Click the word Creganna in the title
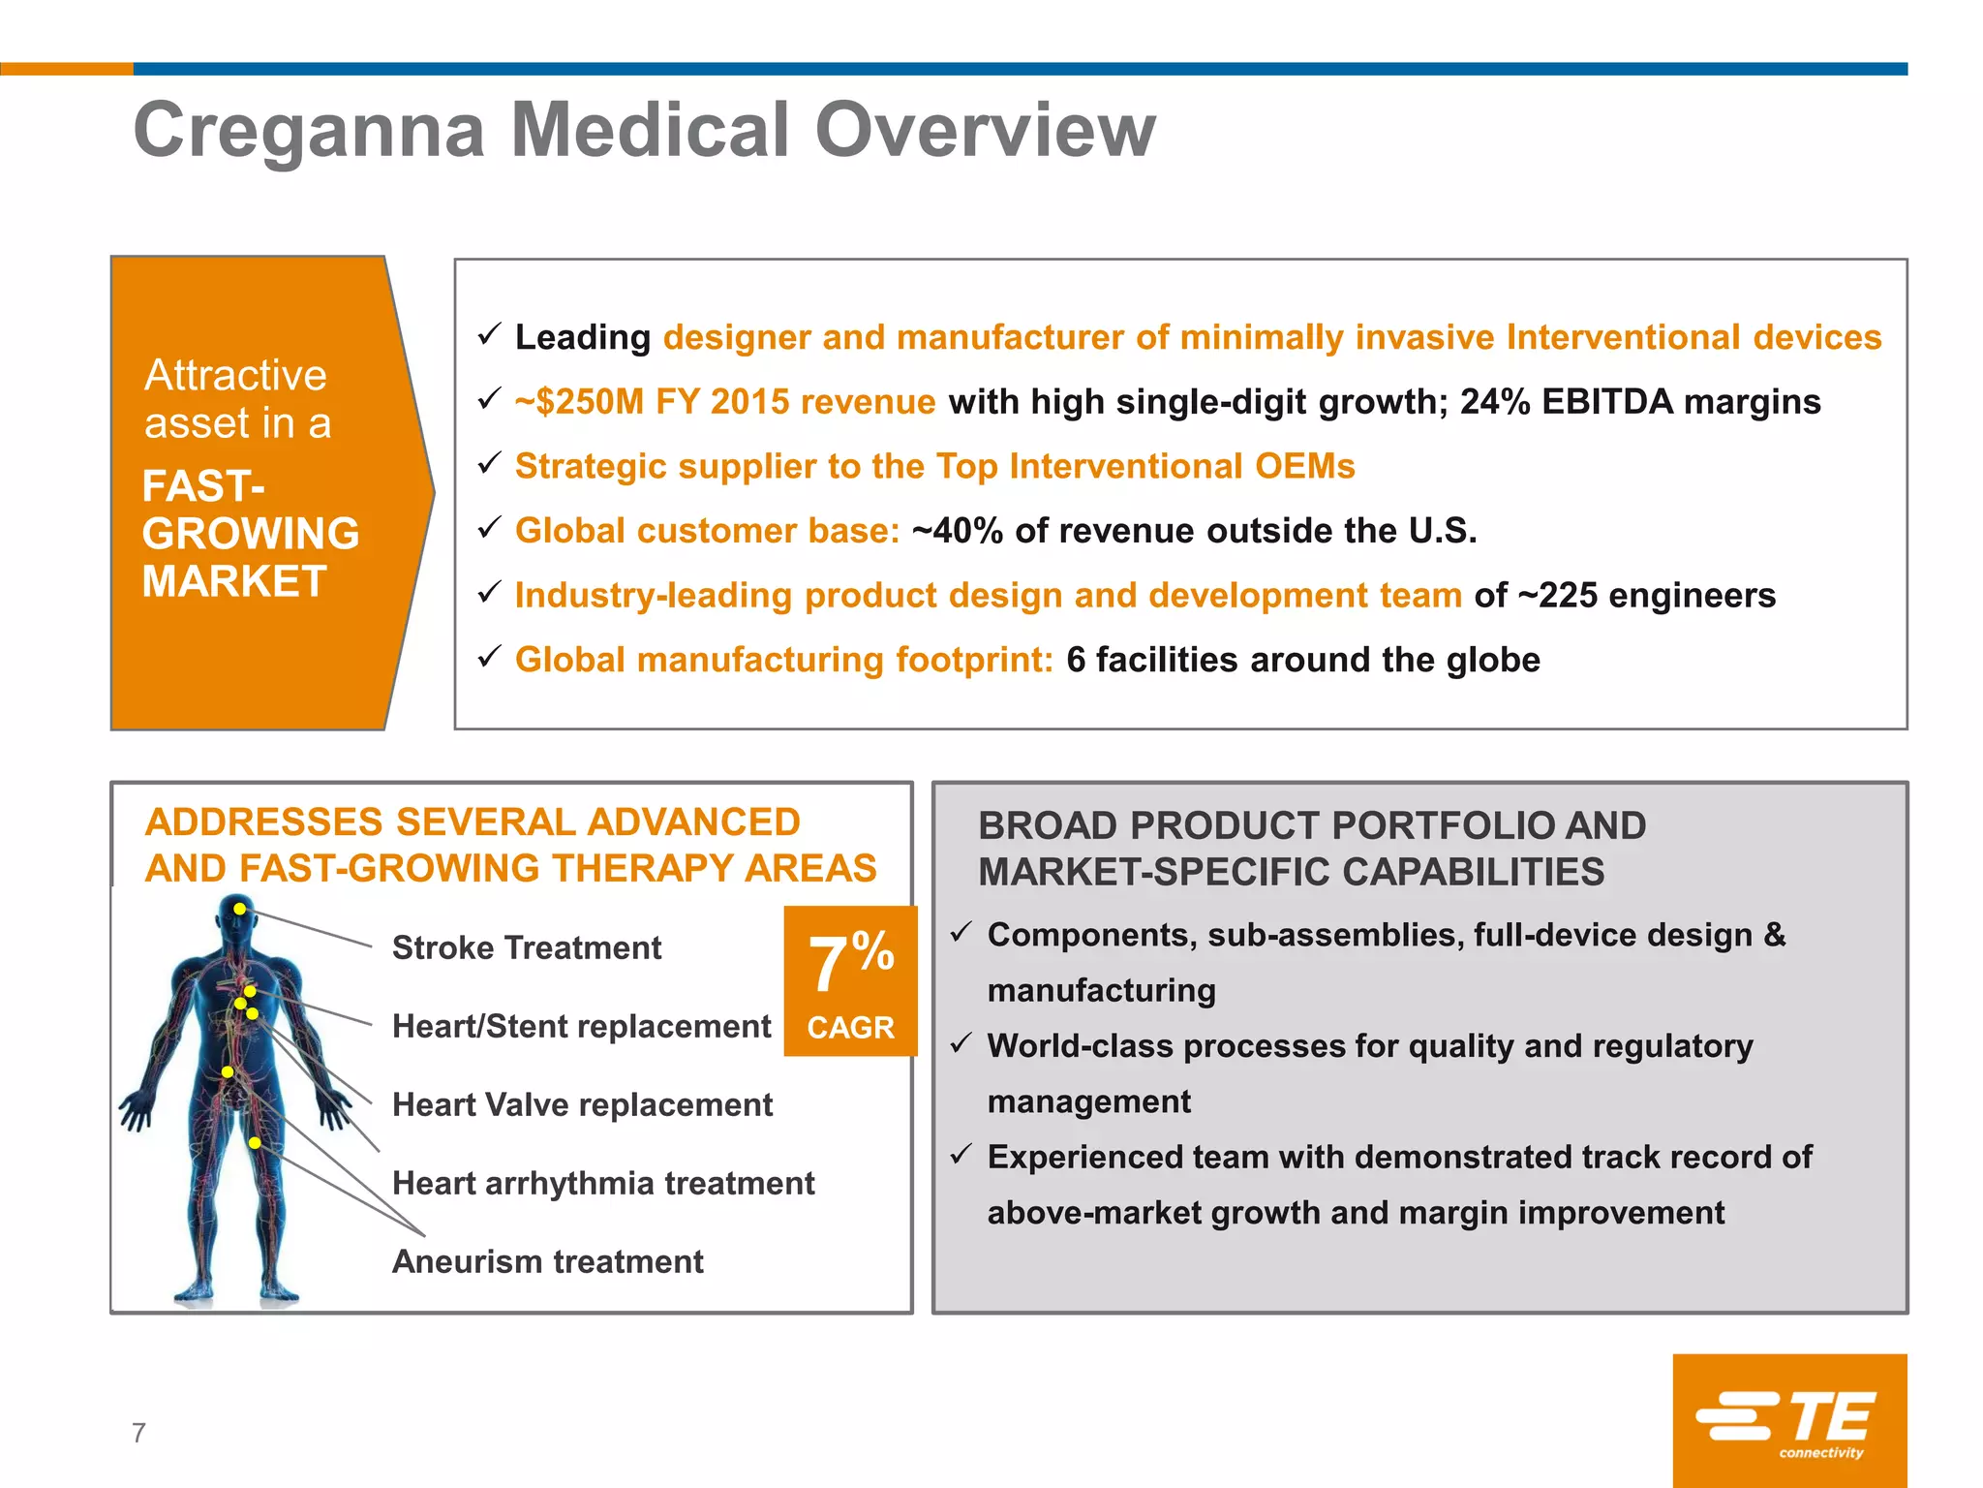309,131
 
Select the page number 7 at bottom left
138,1433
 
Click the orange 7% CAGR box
850,980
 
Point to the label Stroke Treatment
526,947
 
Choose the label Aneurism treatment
547,1261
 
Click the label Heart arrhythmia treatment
602,1183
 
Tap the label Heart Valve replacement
582,1104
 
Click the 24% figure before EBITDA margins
1495,402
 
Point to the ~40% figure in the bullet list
957,531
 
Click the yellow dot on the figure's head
239,909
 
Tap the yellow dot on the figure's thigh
255,1143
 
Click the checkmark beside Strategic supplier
489,464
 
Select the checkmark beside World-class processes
961,1043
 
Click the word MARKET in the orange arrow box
234,581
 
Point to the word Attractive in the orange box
235,375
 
